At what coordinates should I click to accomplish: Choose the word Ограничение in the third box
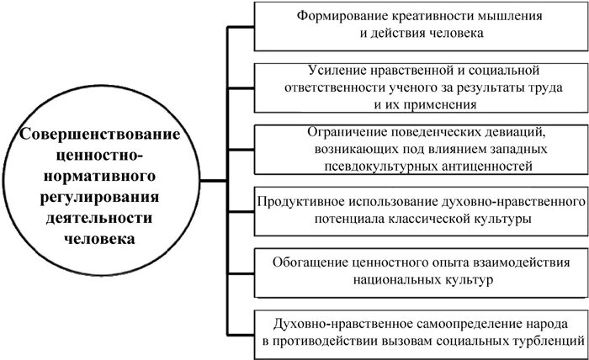343,132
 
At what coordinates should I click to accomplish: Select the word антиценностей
497,167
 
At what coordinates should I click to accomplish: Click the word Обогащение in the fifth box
313,261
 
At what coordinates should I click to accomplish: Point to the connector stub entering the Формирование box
241,26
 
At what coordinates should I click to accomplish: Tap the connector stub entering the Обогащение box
241,269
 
